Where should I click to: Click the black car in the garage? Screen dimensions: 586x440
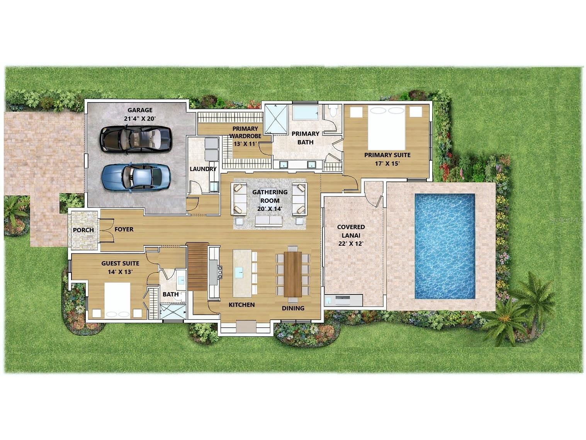[x=135, y=139]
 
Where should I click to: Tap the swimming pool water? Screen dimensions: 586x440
[x=445, y=247]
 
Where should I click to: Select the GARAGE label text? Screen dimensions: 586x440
[x=140, y=110]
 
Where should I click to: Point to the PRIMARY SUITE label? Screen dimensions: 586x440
[x=387, y=155]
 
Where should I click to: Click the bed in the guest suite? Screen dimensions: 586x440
[x=117, y=300]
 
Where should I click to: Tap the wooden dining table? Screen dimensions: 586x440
[x=293, y=274]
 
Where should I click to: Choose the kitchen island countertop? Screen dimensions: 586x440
[x=242, y=273]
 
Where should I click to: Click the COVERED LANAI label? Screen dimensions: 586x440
[x=351, y=231]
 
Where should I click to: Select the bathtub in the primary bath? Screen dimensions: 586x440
[x=306, y=113]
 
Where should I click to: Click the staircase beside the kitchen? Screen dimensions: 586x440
[x=197, y=266]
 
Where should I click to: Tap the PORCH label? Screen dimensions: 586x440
[x=83, y=230]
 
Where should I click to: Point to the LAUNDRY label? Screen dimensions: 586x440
[x=203, y=169]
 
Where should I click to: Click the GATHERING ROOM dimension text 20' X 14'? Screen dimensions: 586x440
[x=270, y=209]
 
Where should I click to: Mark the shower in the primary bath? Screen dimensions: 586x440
[x=276, y=119]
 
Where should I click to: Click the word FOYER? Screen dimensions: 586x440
[x=124, y=229]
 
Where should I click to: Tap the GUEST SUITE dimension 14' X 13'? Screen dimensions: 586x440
[x=120, y=272]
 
